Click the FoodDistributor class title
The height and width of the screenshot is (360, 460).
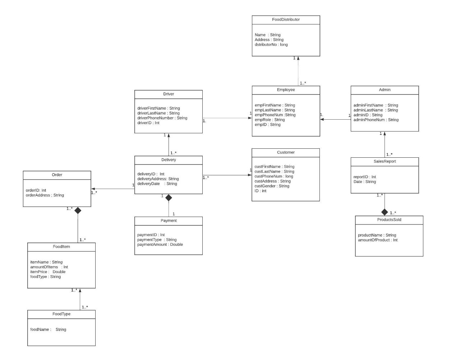tap(286, 20)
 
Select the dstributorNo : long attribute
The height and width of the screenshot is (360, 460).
tap(271, 45)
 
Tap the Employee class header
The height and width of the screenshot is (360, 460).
tap(286, 90)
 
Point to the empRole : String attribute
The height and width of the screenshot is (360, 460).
tap(270, 120)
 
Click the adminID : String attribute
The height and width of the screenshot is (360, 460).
tap(368, 115)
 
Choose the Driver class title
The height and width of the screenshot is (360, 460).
tap(169, 94)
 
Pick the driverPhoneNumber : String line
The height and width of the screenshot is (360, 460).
tap(162, 118)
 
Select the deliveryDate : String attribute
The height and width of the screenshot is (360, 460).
tap(157, 184)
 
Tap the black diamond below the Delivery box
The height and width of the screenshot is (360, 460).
tap(169, 197)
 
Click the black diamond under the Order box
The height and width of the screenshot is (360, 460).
tap(78, 211)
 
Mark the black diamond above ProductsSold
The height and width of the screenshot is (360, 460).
tap(385, 212)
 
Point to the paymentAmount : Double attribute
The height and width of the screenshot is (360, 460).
tap(160, 244)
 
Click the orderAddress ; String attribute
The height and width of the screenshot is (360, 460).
tap(45, 195)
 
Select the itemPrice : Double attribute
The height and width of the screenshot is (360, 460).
tap(48, 272)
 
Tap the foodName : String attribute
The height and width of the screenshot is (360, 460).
tap(48, 329)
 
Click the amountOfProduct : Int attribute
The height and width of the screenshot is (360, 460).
tap(377, 240)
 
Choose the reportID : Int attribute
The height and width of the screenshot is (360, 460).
tap(364, 177)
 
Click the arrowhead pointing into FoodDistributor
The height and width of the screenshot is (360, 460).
tap(298, 58)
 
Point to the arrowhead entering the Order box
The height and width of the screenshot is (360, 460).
tap(93, 189)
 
